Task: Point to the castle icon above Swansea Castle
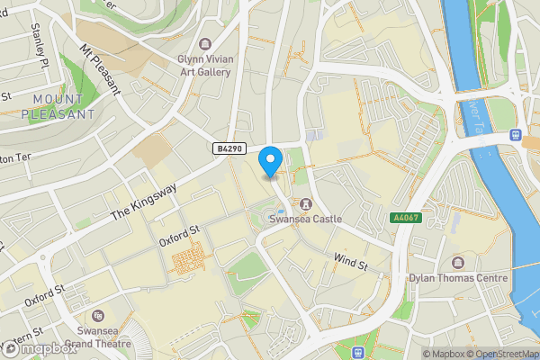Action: click(306, 202)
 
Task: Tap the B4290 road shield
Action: click(229, 148)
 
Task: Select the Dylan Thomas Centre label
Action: click(457, 277)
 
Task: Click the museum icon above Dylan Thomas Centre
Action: click(457, 262)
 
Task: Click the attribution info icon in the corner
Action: click(427, 353)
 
